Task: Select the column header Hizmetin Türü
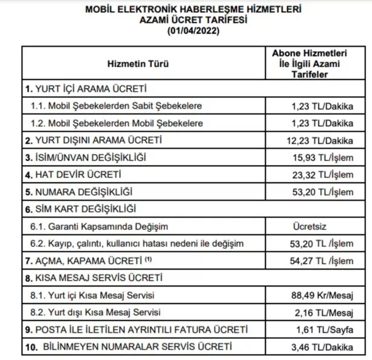pos(138,63)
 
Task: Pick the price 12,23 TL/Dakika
pos(322,140)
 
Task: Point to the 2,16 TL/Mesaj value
pos(325,313)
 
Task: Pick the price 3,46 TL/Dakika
pos(324,347)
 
